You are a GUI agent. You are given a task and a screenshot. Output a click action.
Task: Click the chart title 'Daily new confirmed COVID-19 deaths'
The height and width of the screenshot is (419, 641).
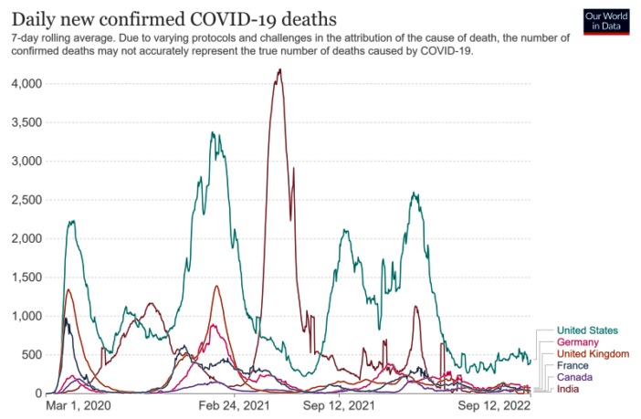(173, 18)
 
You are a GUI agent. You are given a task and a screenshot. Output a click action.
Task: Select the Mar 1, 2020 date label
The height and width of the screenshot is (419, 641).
(78, 404)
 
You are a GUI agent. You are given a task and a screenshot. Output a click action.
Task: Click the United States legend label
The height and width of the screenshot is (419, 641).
(587, 330)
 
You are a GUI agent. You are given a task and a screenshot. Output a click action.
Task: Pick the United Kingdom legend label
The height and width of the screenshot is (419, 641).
(593, 353)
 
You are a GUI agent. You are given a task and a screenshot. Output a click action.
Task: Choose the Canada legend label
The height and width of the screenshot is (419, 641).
(575, 377)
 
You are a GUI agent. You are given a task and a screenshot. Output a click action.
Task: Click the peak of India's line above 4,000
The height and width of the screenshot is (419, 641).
(278, 69)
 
